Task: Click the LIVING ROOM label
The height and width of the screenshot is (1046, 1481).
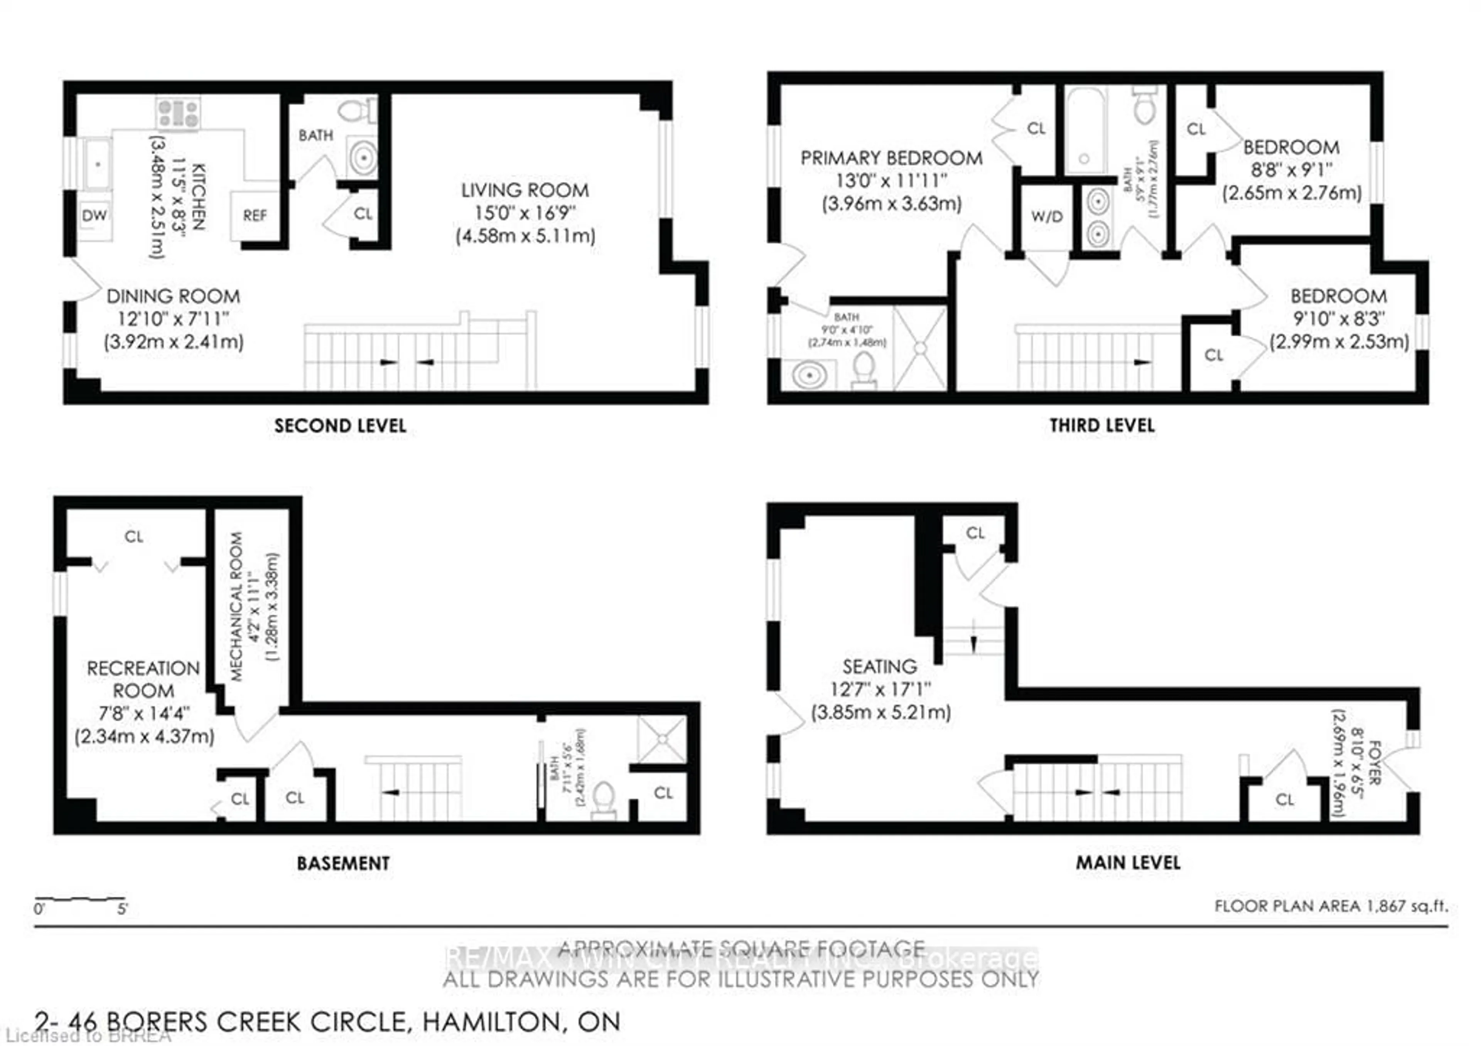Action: tap(525, 190)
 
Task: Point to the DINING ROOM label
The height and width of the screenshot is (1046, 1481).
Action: tap(173, 296)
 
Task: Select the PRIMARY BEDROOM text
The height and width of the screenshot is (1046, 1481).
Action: tap(891, 158)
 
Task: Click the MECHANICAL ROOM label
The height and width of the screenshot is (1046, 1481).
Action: tap(237, 607)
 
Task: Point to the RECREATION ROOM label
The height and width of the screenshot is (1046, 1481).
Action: tap(143, 679)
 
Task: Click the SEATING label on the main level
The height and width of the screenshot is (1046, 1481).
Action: tap(880, 667)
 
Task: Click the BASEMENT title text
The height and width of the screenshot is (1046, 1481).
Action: tap(343, 863)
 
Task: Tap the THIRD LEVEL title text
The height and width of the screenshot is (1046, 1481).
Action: tap(1102, 426)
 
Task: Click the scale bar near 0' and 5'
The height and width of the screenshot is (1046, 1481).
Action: tap(80, 899)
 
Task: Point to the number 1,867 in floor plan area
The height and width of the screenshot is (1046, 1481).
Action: tap(1382, 906)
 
